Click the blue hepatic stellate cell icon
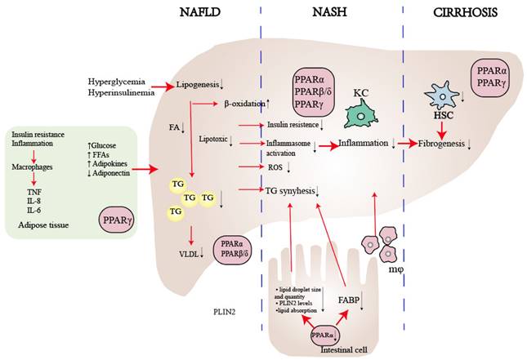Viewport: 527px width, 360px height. click(442, 99)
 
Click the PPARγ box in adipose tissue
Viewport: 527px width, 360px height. click(116, 220)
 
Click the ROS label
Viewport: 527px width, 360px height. click(275, 167)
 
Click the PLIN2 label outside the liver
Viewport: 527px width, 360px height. click(221, 311)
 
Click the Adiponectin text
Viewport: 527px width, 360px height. click(114, 173)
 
